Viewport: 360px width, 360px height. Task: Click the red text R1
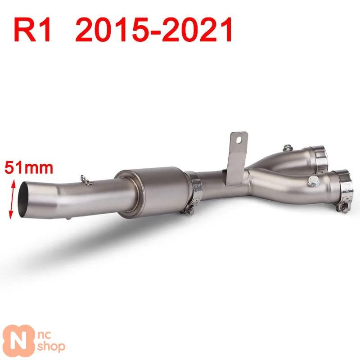[32, 30]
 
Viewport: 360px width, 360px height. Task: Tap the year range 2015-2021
[154, 30]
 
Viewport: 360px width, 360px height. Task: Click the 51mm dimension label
[29, 168]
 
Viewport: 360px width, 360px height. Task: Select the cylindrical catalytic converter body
[152, 193]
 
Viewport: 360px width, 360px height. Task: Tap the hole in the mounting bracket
[239, 139]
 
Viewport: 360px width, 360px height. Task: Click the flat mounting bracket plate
[237, 158]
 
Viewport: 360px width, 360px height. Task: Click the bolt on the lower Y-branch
[314, 181]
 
